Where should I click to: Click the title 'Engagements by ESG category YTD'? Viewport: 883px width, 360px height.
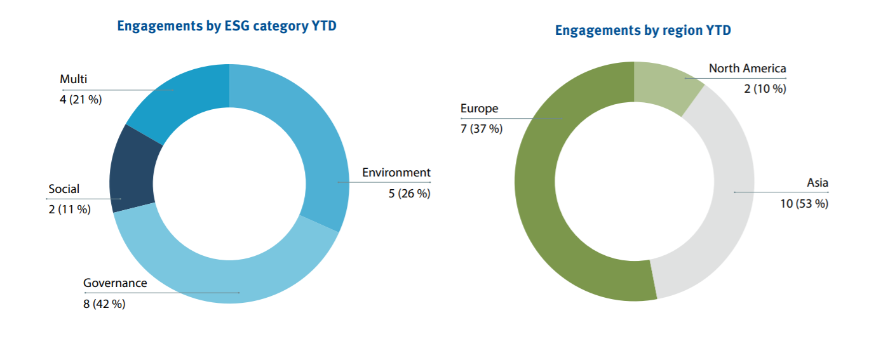pyautogui.click(x=227, y=26)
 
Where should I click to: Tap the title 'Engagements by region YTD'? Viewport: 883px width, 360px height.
pyautogui.click(x=643, y=30)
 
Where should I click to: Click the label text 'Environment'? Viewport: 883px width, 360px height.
pyautogui.click(x=396, y=173)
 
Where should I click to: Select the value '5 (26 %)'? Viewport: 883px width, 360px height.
pyautogui.click(x=409, y=194)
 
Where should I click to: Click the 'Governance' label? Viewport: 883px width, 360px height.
pyautogui.click(x=115, y=283)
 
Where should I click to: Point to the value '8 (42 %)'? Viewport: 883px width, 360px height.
pyautogui.click(x=104, y=304)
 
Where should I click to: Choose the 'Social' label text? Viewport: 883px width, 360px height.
pyautogui.click(x=64, y=189)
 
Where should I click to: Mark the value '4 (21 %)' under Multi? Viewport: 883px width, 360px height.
pyautogui.click(x=81, y=100)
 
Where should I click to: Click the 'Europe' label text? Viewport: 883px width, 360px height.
pyautogui.click(x=480, y=109)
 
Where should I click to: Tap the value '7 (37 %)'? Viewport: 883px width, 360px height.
pyautogui.click(x=482, y=129)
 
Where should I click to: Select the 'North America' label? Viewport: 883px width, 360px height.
pyautogui.click(x=747, y=69)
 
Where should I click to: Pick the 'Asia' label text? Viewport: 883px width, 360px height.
pyautogui.click(x=818, y=183)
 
